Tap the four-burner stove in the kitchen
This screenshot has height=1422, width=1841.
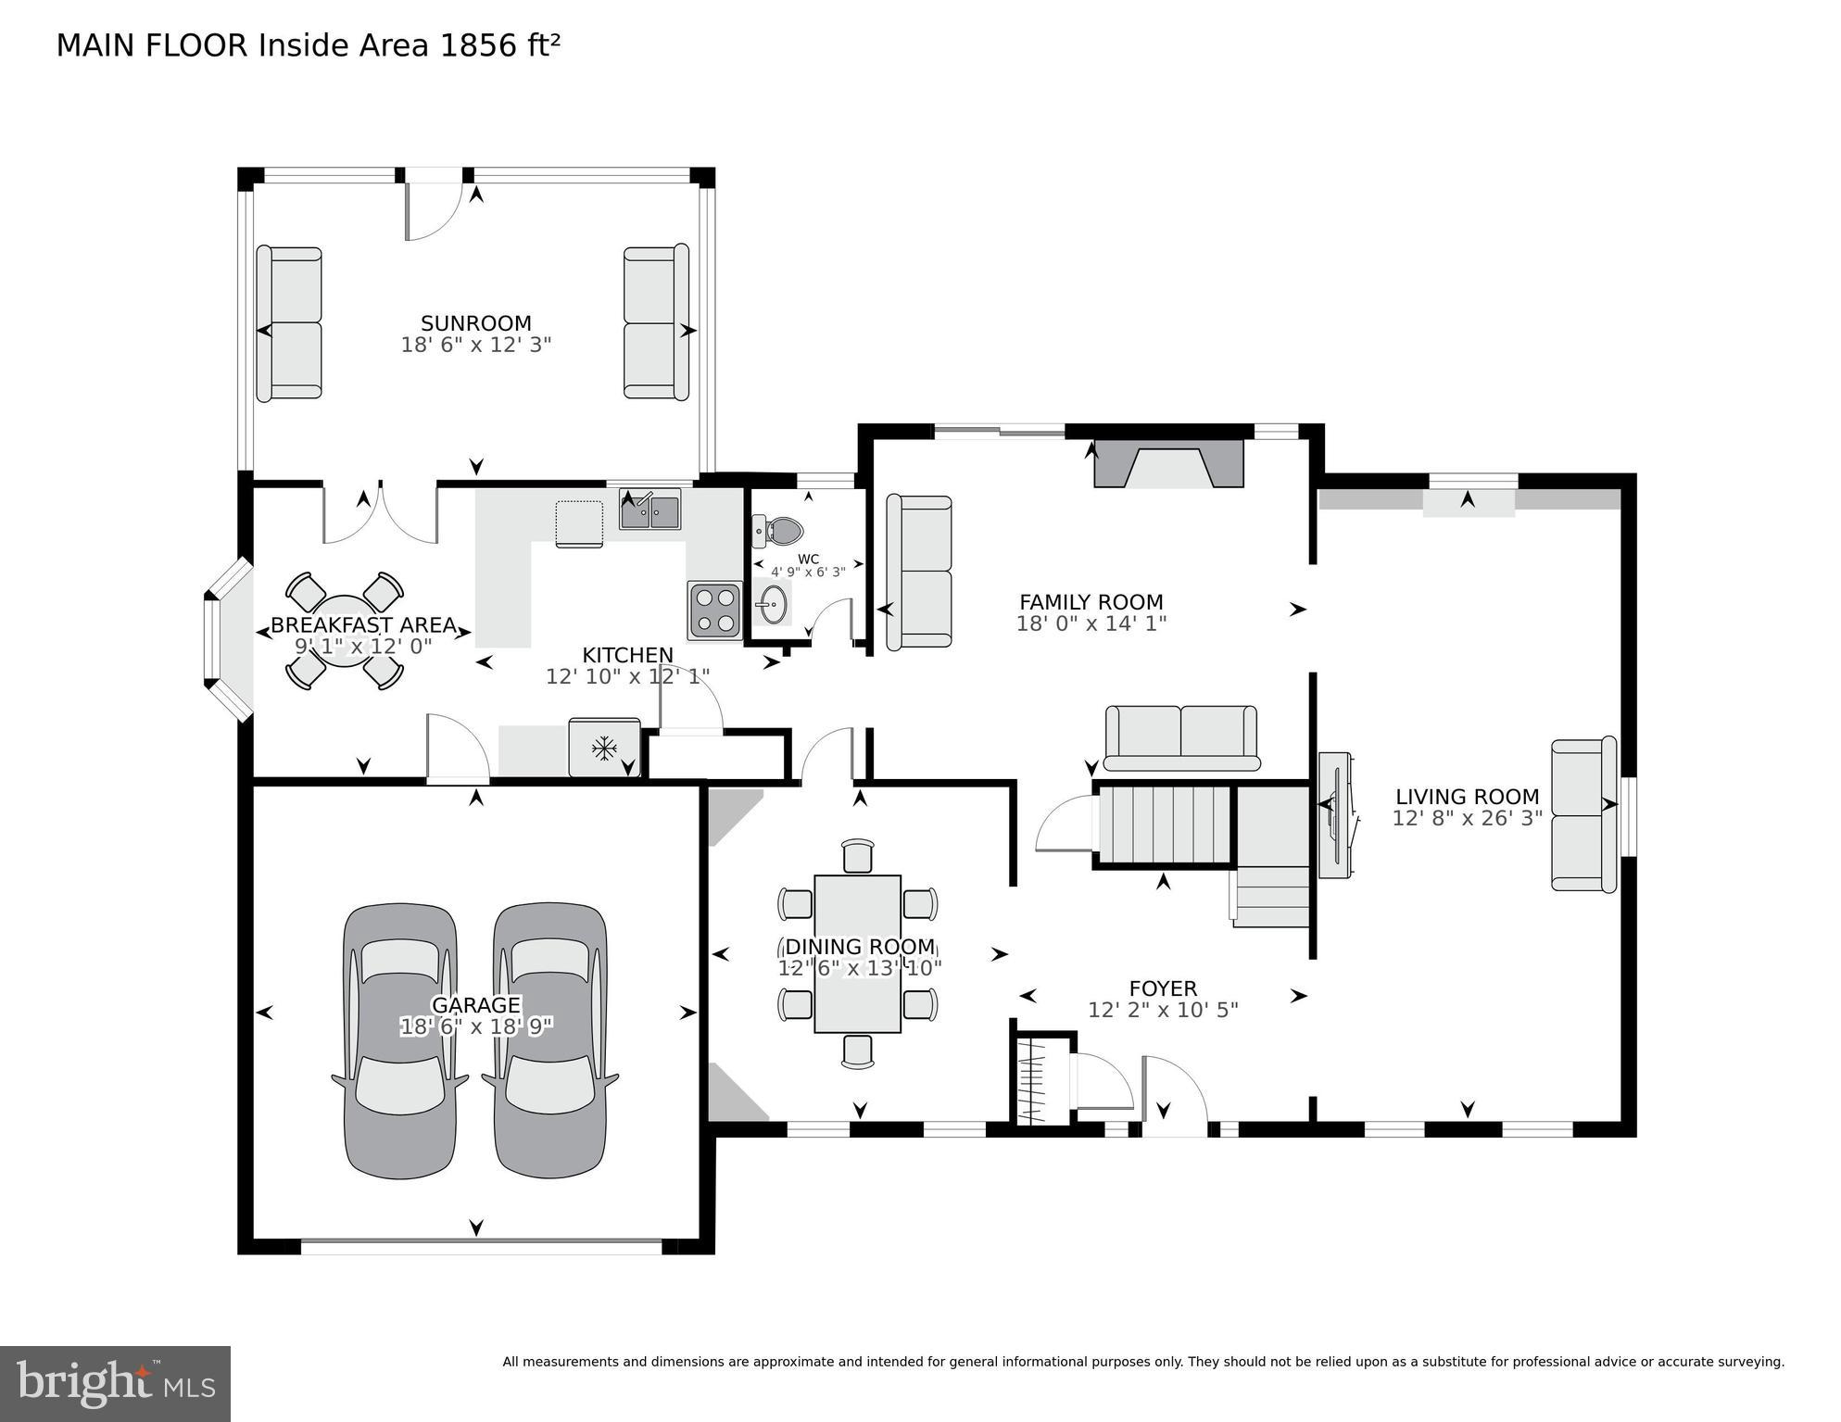pos(714,610)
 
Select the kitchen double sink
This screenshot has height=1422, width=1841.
pos(650,510)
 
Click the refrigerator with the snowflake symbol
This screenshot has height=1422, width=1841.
pos(604,747)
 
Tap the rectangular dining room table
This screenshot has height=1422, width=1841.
pos(857,953)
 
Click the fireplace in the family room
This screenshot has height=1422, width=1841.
pos(1168,464)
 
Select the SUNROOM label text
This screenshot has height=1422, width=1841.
pos(475,323)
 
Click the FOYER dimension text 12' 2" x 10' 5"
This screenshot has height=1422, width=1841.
pos(1163,1010)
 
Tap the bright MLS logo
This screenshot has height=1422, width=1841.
pos(115,1383)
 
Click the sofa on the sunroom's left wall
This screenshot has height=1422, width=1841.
pos(289,323)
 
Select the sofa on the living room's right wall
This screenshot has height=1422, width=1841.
pos(1583,815)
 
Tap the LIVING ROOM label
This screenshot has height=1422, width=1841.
pos(1467,797)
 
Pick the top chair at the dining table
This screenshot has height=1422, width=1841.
pos(858,856)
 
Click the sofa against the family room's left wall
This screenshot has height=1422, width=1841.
pos(919,572)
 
